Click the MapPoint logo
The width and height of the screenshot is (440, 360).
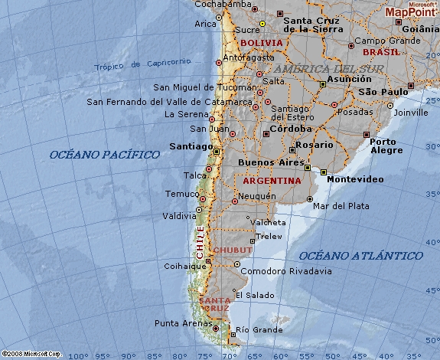(410, 10)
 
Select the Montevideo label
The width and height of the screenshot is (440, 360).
(355, 179)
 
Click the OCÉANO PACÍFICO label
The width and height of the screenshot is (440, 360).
(105, 155)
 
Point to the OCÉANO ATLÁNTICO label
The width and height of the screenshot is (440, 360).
(360, 255)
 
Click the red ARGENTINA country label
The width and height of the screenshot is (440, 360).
(272, 182)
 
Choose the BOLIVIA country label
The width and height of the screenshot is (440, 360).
(261, 43)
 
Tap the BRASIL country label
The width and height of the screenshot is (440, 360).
(381, 52)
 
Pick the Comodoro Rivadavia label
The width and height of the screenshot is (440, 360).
(286, 271)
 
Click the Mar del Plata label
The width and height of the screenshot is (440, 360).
(341, 206)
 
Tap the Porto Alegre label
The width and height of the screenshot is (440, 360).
(387, 146)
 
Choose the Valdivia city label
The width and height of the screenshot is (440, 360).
(179, 217)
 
